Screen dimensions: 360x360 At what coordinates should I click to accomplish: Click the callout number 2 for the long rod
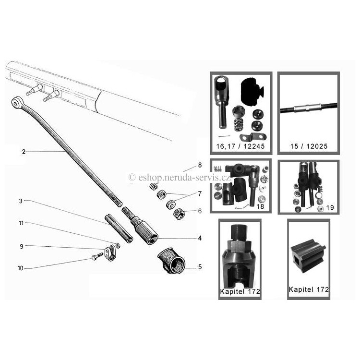tap(24, 152)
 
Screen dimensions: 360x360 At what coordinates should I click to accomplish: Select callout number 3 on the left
tap(21, 201)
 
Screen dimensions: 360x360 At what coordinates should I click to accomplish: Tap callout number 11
tap(21, 223)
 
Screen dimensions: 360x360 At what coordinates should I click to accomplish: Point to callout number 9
tap(21, 247)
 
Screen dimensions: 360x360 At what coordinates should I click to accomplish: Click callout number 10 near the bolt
tap(21, 268)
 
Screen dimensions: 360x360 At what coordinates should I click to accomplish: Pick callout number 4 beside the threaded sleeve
tap(200, 238)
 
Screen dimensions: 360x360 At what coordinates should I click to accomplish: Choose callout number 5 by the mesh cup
tap(200, 267)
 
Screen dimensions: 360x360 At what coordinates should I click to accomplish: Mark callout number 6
tap(200, 211)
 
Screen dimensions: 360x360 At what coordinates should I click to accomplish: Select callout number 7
tap(200, 194)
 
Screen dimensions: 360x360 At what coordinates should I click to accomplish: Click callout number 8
tap(200, 165)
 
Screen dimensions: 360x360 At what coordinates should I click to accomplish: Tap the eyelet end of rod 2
tap(16, 102)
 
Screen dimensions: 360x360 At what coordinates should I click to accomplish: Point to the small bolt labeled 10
tap(97, 256)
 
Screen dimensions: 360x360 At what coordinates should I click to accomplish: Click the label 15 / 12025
tap(309, 146)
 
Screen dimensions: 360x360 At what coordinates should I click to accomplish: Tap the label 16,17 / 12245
tap(240, 146)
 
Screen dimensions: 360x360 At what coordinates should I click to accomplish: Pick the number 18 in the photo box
tap(260, 206)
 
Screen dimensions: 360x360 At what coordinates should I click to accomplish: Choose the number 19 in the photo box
tap(330, 207)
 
